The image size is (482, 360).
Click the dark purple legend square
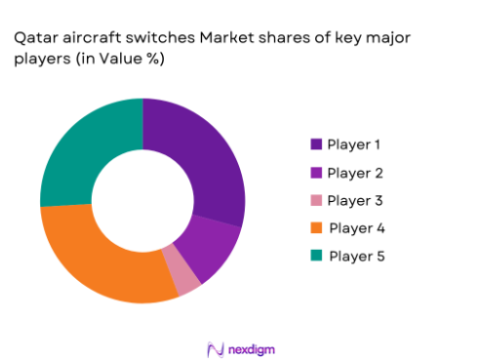tap(316, 144)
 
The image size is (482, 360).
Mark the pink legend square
tap(316, 200)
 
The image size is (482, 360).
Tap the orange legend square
tap(316, 228)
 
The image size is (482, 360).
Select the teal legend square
tap(316, 256)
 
